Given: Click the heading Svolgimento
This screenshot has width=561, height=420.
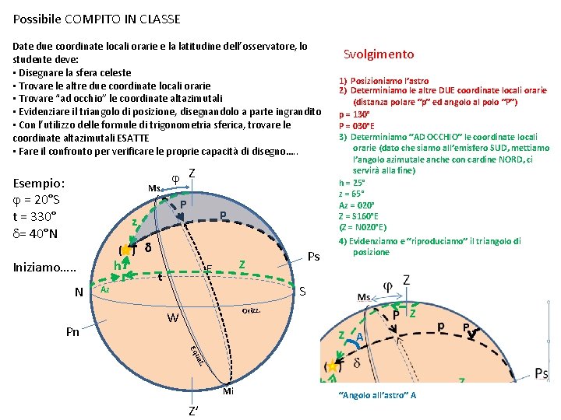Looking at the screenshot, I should pyautogui.click(x=379, y=54).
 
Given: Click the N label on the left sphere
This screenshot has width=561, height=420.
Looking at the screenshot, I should pyautogui.click(x=79, y=292).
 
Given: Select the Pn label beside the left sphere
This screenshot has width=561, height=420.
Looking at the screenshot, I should pyautogui.click(x=72, y=332).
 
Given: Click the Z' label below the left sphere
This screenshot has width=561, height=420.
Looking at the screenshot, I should pyautogui.click(x=192, y=410).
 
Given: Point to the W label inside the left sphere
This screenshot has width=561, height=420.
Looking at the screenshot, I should pyautogui.click(x=173, y=318).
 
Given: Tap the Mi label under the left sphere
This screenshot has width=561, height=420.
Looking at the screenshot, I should pyautogui.click(x=228, y=391).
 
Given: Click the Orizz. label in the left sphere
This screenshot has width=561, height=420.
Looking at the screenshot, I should pyautogui.click(x=250, y=310).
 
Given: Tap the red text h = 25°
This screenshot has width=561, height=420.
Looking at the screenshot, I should pyautogui.click(x=351, y=182).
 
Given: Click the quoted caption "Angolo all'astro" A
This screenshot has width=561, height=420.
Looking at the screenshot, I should pyautogui.click(x=377, y=395).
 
